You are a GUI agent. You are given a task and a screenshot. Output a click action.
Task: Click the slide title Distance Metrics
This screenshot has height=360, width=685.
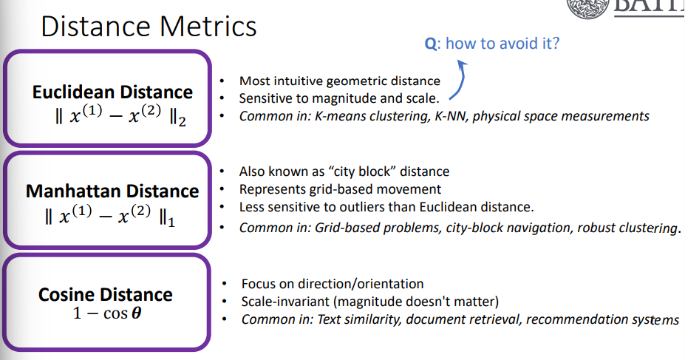pos(149,27)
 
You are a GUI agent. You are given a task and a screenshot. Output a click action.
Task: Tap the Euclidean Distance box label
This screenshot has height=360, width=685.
pos(112,92)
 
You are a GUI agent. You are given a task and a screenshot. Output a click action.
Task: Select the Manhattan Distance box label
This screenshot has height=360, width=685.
pos(112,191)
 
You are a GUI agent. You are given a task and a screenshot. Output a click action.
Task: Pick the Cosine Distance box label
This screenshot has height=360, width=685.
pos(105,294)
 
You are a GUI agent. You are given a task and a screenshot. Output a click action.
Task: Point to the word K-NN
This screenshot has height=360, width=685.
pos(446,116)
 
